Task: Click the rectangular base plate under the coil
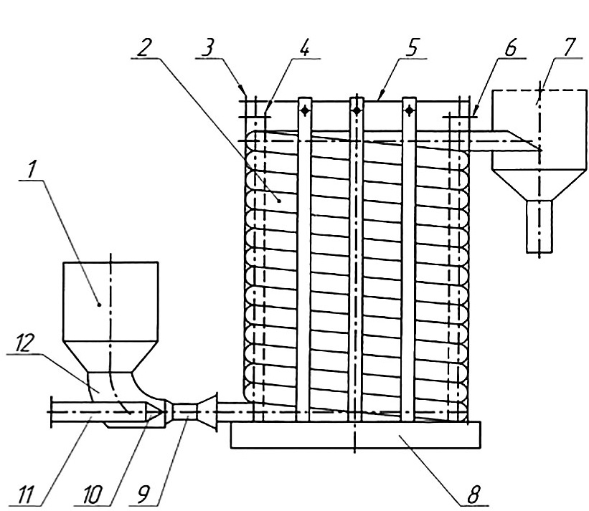pos(356,434)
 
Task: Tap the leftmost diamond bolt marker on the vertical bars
pos(305,110)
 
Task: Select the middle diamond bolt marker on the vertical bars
pos(357,110)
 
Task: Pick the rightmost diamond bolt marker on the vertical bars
pos(410,110)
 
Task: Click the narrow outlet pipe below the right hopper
pos(539,226)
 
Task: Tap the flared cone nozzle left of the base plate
pos(208,412)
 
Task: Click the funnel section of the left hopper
pos(110,357)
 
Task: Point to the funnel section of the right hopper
pos(539,184)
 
